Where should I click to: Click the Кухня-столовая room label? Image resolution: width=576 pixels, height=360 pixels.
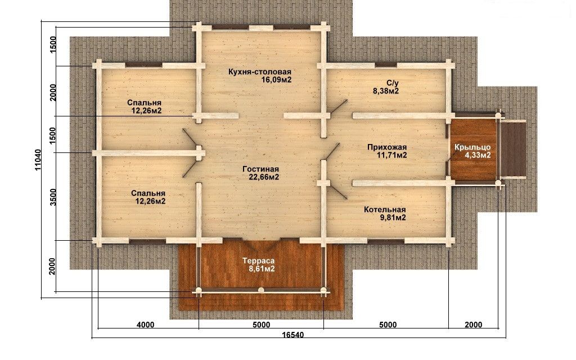260,75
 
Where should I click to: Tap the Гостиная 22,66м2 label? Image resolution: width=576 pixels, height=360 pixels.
260,173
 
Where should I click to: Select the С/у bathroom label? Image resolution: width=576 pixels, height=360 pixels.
386,87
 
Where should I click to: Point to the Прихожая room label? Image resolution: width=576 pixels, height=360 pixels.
387,151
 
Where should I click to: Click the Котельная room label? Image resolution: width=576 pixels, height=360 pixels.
385,213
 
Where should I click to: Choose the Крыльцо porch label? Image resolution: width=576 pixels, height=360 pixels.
472,151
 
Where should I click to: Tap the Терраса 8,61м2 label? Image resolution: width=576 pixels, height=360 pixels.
259,264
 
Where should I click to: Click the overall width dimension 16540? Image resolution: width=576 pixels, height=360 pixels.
292,335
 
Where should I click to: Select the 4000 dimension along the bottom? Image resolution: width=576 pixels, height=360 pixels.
146,325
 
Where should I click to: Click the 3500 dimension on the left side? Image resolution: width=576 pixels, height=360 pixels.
53,197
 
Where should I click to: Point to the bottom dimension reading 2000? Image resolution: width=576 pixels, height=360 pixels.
474,325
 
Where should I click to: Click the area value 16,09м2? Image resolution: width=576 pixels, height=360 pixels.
277,79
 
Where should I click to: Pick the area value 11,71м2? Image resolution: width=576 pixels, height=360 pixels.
392,155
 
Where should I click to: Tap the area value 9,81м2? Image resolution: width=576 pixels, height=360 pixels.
393,218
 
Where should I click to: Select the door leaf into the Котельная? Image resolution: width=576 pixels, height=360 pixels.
338,191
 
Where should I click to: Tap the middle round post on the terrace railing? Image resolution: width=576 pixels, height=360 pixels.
261,290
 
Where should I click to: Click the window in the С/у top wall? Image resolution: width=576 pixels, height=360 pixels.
386,65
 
